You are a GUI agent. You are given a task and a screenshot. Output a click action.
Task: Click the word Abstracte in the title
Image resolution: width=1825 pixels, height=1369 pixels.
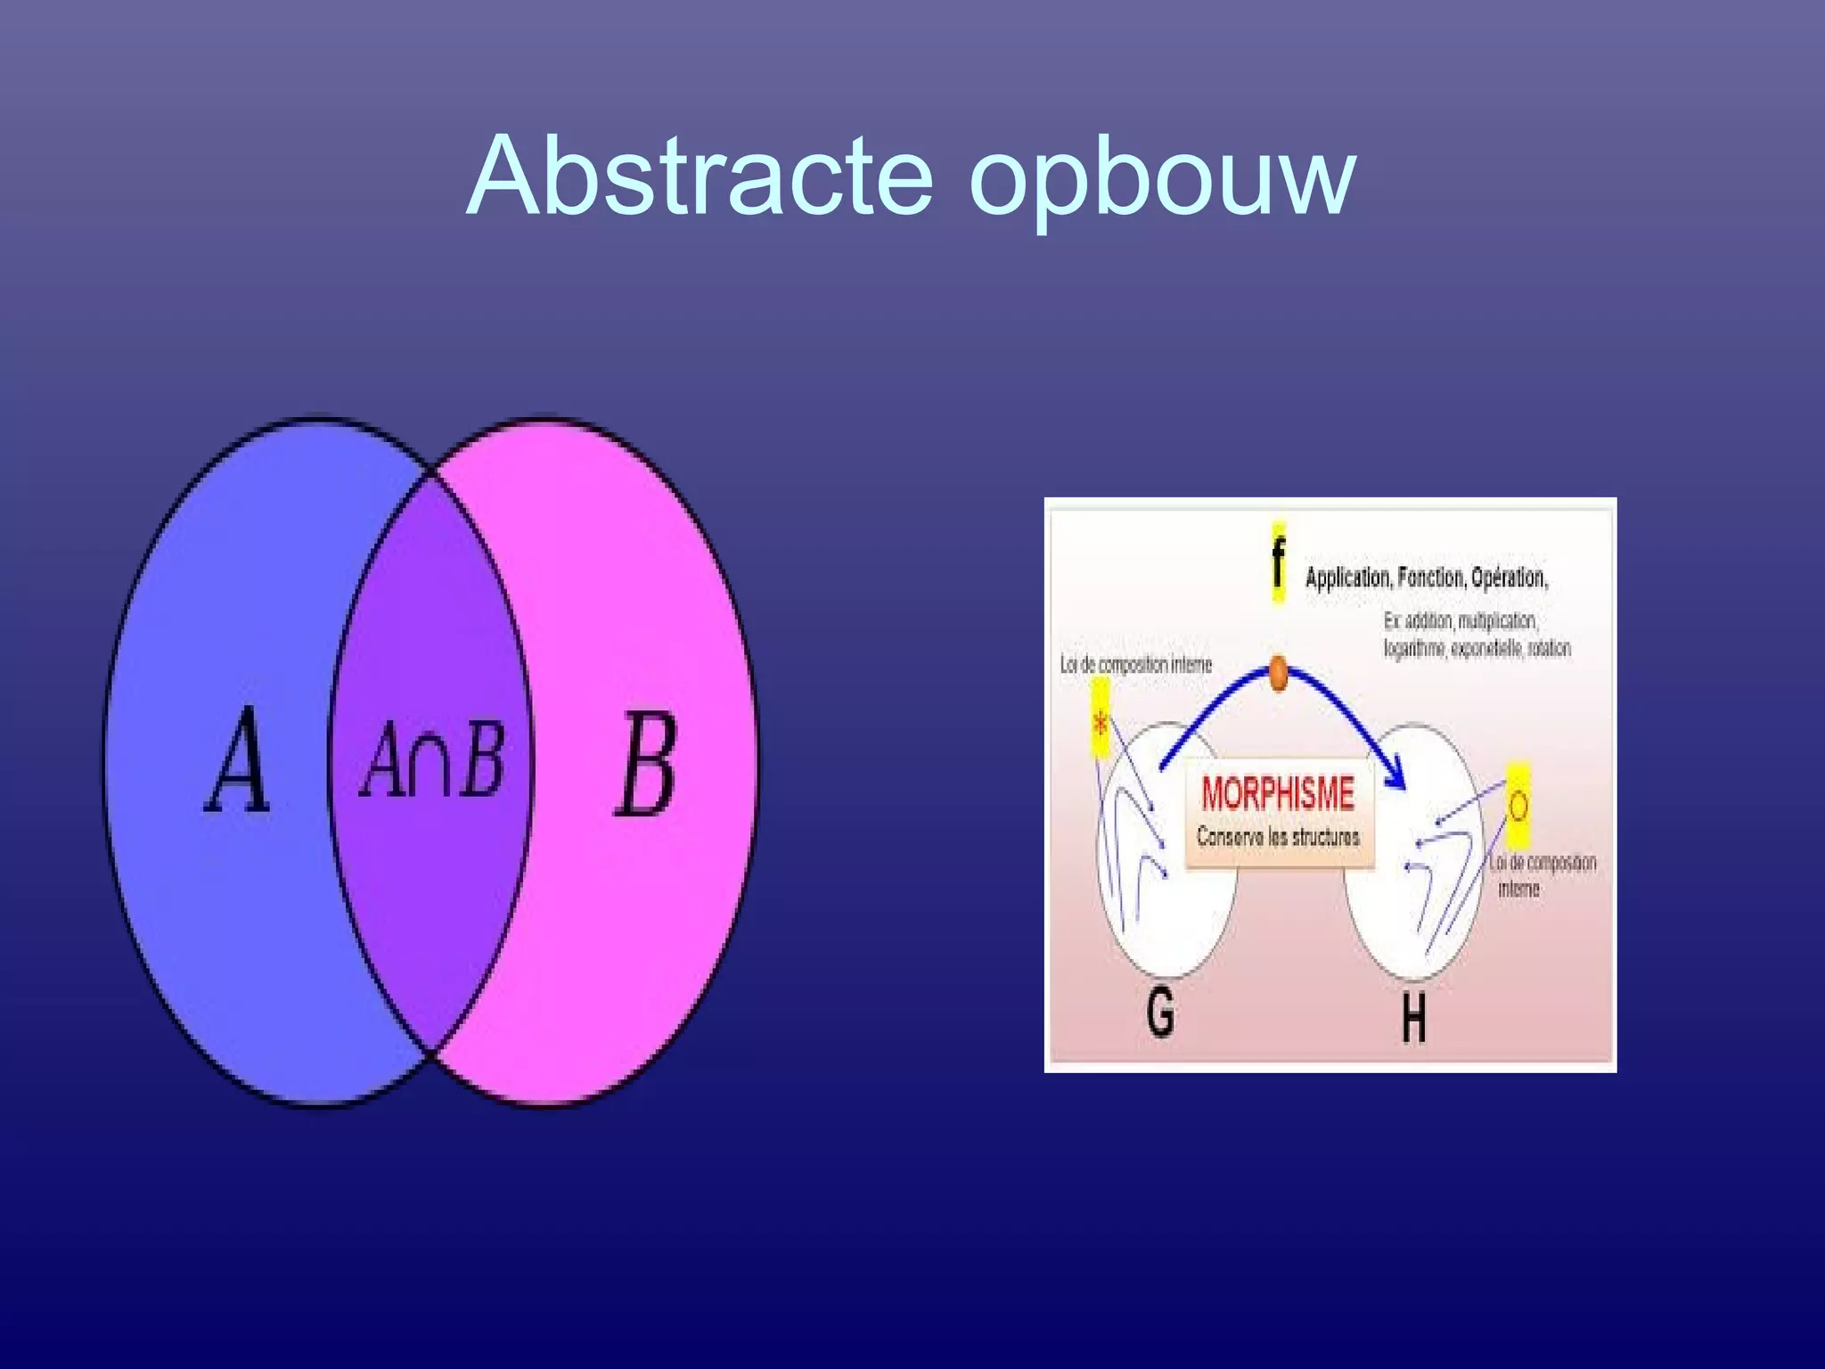(x=700, y=176)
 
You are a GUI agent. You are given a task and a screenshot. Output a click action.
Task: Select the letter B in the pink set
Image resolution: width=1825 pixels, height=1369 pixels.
(x=646, y=764)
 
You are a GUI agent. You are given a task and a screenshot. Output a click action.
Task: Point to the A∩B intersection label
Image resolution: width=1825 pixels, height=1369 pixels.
(x=433, y=759)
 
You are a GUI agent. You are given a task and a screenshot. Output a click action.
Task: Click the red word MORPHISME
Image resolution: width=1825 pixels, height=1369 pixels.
(x=1277, y=793)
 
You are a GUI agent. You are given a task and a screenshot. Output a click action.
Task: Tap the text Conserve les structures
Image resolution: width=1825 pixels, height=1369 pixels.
(x=1278, y=837)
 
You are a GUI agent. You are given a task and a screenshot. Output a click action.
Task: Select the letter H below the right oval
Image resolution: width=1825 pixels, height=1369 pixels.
(x=1413, y=1018)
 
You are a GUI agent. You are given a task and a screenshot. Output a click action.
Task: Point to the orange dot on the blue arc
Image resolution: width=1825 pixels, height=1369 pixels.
(x=1278, y=673)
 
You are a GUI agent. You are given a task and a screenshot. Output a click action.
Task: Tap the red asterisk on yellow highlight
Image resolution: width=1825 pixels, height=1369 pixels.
(x=1101, y=724)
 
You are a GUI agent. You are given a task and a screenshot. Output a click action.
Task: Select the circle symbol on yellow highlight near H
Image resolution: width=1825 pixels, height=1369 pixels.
(x=1518, y=806)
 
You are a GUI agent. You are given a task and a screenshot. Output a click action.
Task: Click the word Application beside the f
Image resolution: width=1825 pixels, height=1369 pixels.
(x=1347, y=578)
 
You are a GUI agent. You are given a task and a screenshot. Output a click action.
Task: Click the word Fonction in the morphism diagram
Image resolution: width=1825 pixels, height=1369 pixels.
(x=1430, y=578)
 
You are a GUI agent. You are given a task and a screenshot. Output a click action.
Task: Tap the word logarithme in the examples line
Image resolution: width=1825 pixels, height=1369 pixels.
(x=1414, y=648)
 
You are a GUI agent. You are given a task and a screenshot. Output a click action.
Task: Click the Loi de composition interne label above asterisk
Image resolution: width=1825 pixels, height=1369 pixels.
(x=1135, y=665)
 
